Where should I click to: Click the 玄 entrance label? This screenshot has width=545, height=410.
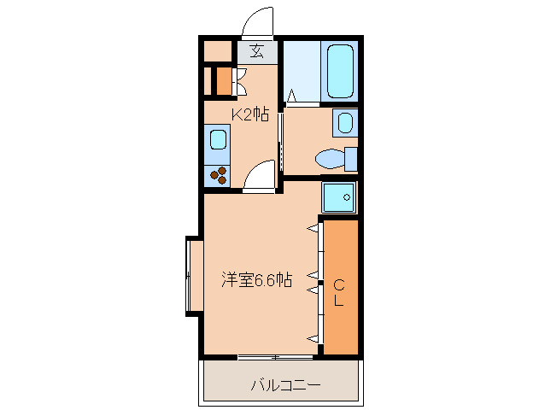point(257,51)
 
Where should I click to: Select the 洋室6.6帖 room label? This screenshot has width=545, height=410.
point(257,279)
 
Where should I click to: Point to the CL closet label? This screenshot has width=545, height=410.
point(339,292)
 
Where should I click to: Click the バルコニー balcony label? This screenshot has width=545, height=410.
point(285,385)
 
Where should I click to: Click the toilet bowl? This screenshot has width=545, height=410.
point(328,159)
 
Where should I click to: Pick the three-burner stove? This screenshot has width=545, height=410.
point(218,174)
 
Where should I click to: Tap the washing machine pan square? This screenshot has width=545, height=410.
point(339,197)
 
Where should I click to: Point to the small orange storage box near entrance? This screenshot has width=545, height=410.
point(222,81)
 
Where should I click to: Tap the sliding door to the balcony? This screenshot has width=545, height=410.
point(275,354)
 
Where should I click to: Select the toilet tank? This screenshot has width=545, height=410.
point(349,159)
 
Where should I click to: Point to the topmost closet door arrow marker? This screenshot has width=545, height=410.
point(313,228)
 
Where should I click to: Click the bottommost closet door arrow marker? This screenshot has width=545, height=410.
point(313,340)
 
